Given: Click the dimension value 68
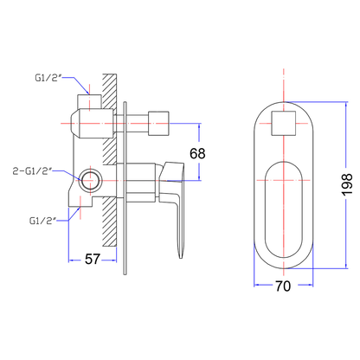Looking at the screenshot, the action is click(x=197, y=153).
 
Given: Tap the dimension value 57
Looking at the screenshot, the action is click(x=93, y=259).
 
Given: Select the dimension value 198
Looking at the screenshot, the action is click(x=347, y=185).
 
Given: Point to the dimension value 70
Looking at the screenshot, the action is click(x=283, y=286).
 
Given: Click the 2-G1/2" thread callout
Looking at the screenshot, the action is click(x=33, y=171).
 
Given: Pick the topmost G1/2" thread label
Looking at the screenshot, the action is click(x=48, y=78).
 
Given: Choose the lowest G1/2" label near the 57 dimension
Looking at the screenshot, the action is click(x=42, y=221).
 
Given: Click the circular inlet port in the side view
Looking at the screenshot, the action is click(x=91, y=181).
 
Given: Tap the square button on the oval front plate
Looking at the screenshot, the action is click(x=284, y=123).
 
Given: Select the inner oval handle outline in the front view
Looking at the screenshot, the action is click(x=265, y=209).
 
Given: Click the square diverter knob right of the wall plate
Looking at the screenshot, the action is click(x=158, y=123).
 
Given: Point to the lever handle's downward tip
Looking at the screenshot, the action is click(x=181, y=257).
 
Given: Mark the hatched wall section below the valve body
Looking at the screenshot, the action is click(x=110, y=222).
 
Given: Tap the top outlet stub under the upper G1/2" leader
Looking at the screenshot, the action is click(x=89, y=101).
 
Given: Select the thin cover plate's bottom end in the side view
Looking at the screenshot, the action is click(x=125, y=273).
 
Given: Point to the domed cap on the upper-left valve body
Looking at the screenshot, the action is click(x=74, y=124).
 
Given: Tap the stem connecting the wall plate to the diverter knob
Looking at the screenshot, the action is click(x=137, y=124).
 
